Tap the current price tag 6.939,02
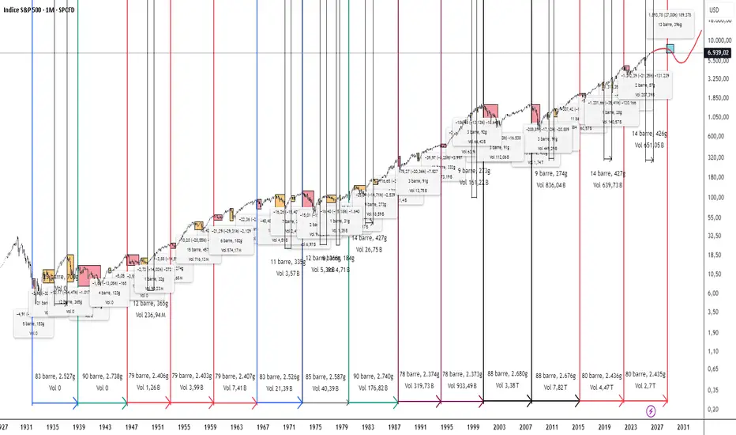(x=718, y=53)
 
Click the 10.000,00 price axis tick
(x=718, y=40)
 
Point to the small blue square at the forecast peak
(x=670, y=49)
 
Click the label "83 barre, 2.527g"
(x=54, y=376)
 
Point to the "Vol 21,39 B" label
(x=280, y=388)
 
